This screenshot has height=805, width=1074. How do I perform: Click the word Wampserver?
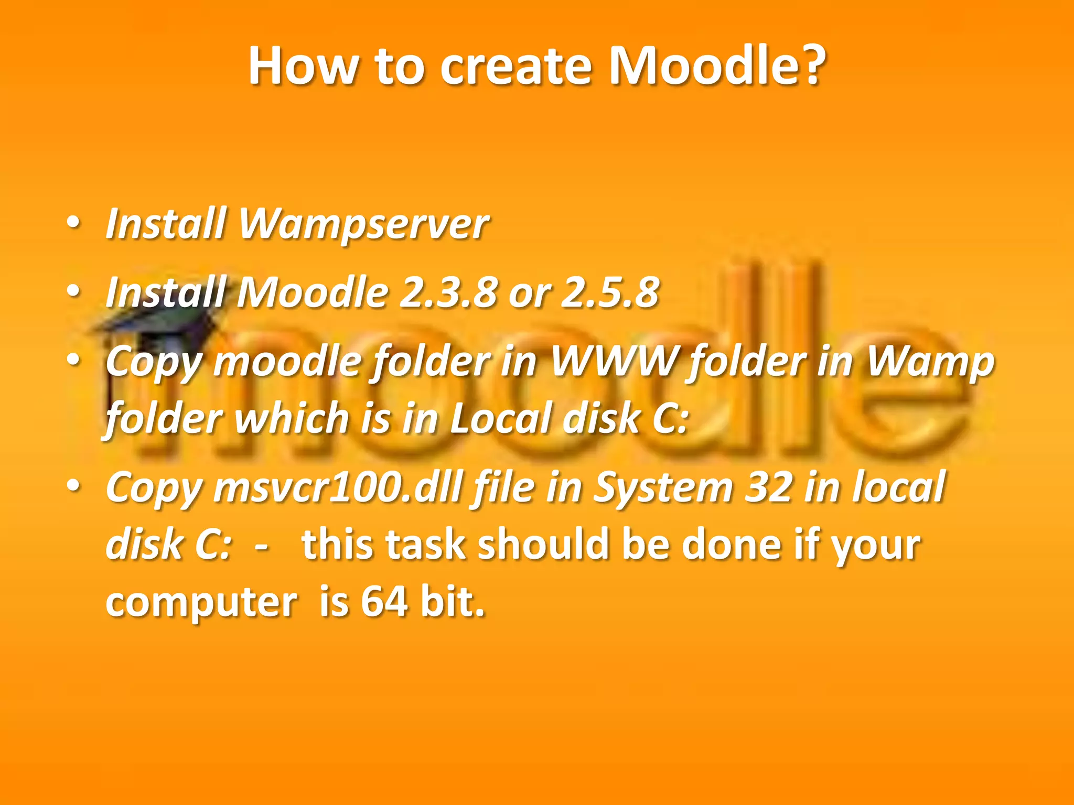363,224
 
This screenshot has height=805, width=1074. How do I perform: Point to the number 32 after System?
768,487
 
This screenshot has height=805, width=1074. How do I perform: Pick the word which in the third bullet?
291,418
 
